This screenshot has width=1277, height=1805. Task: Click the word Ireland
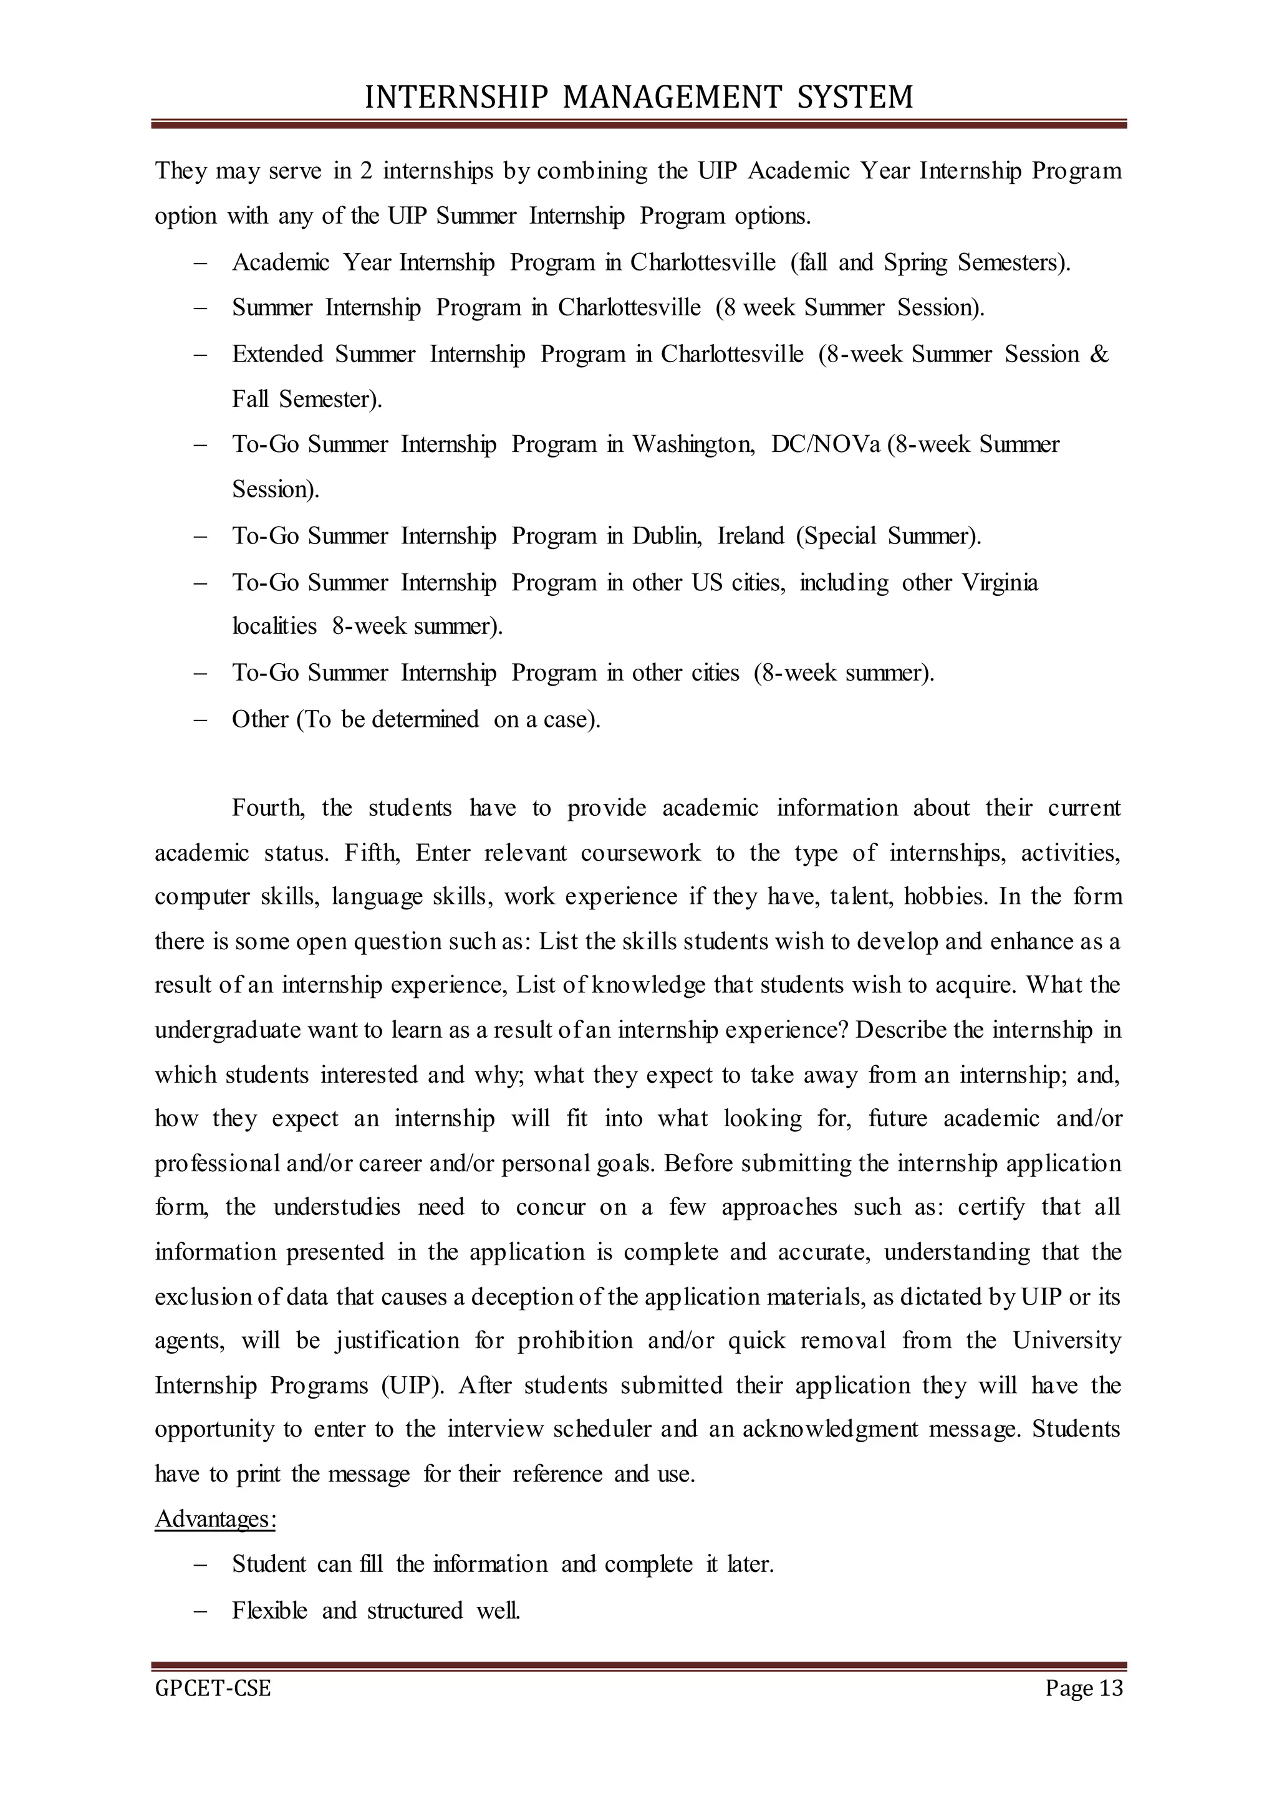click(x=751, y=536)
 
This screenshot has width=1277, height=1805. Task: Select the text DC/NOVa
click(x=826, y=444)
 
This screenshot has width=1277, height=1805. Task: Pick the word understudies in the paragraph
click(x=337, y=1207)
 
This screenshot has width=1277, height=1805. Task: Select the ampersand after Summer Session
click(x=1099, y=354)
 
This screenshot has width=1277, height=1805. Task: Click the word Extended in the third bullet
click(x=277, y=354)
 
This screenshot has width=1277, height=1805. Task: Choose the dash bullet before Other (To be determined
click(x=199, y=719)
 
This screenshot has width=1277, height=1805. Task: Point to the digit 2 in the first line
click(x=367, y=171)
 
